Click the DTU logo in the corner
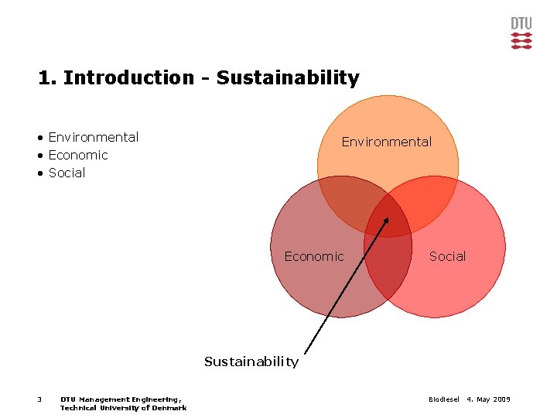[521, 33]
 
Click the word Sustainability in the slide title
[288, 78]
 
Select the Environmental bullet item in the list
[93, 137]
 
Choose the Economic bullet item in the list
[78, 155]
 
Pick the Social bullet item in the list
[67, 173]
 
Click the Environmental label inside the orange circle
[387, 142]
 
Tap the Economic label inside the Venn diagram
[314, 256]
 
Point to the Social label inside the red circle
[448, 256]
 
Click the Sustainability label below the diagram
[251, 361]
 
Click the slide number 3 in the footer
[39, 399]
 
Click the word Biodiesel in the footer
[443, 399]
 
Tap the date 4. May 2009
[488, 399]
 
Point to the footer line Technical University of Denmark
[123, 408]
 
